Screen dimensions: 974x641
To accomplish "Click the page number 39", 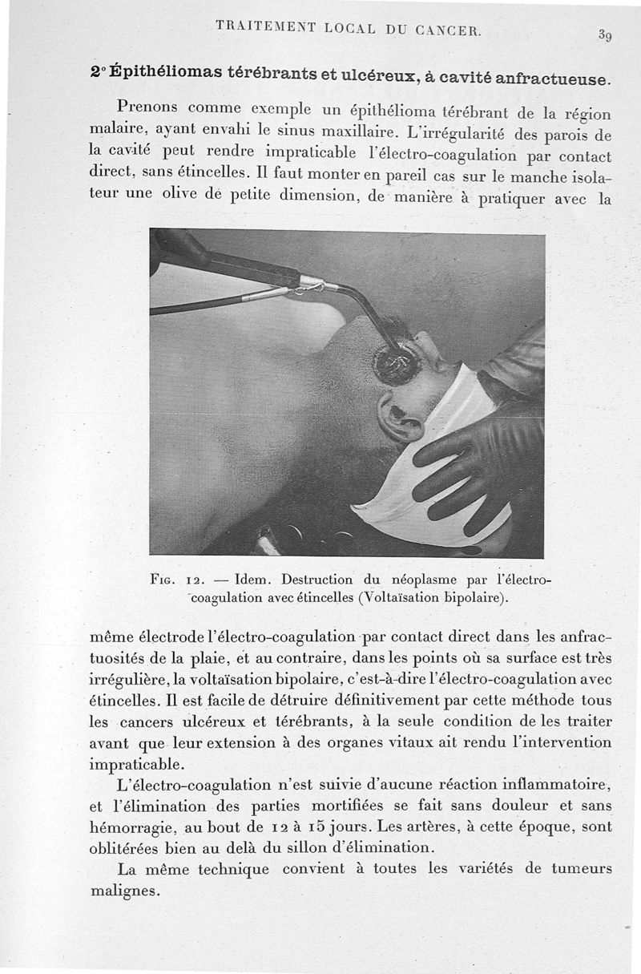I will pos(606,35).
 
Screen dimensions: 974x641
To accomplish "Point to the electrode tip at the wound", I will pos(397,365).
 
